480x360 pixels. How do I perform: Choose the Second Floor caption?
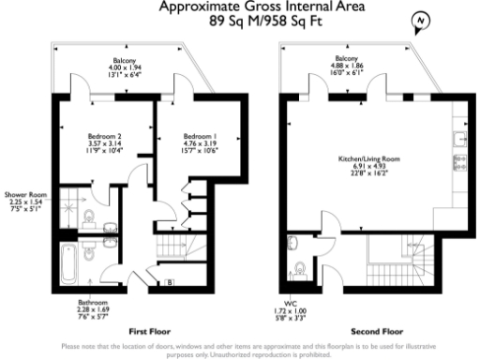click(x=370, y=332)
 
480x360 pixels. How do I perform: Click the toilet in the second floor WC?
click(x=300, y=269)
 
